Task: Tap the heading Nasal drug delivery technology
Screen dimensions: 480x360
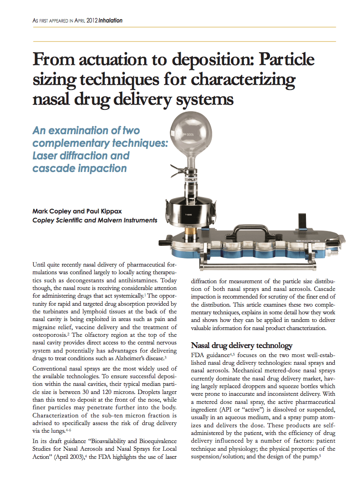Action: [242, 346]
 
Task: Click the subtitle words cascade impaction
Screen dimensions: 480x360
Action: [79, 168]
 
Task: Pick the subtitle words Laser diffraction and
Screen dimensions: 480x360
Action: [81, 156]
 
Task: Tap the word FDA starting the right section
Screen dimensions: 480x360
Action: [197, 355]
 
